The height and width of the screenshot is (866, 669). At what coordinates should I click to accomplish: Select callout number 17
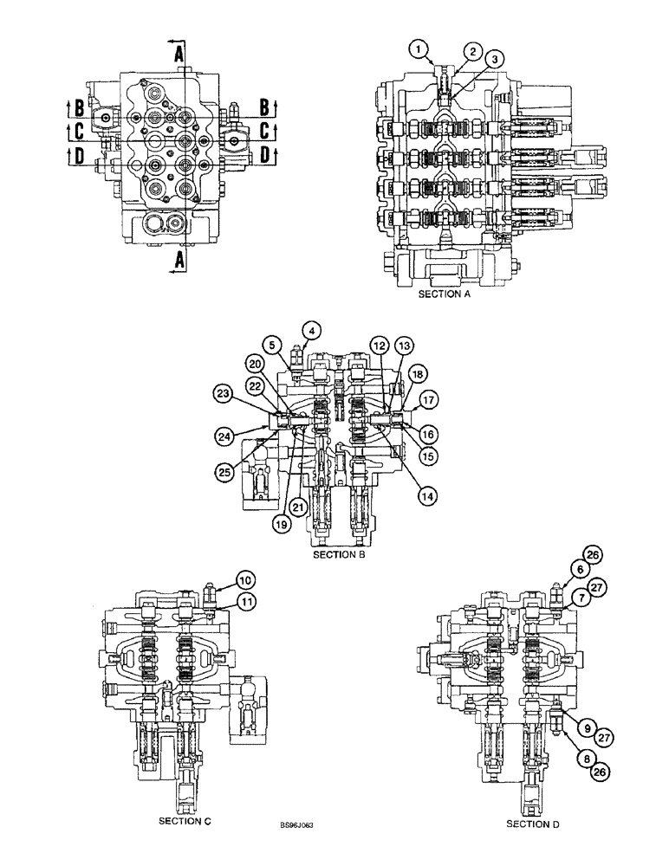coord(426,400)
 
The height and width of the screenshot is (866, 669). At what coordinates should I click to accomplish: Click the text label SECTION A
coord(447,294)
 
